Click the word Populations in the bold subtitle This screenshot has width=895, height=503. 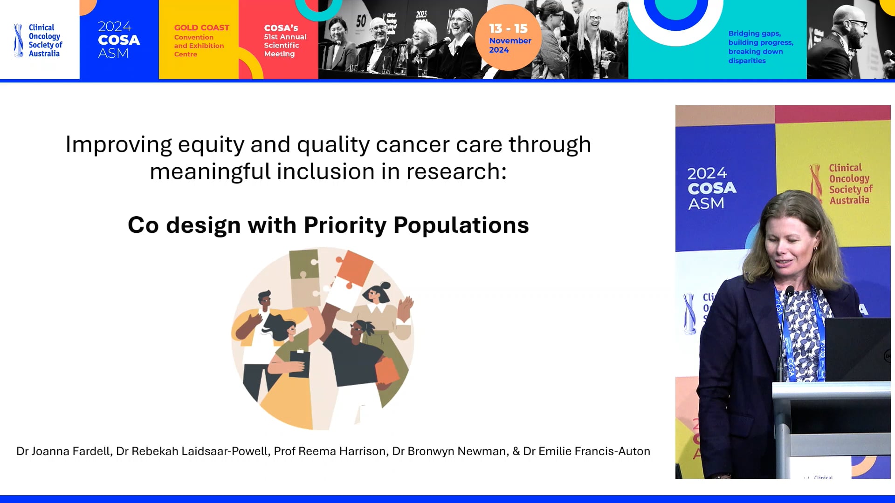(x=461, y=225)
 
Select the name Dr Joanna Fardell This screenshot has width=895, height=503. (x=63, y=451)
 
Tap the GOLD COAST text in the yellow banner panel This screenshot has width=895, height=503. (x=201, y=28)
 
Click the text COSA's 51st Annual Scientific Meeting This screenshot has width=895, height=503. (x=284, y=41)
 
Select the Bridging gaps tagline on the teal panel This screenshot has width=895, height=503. (x=760, y=47)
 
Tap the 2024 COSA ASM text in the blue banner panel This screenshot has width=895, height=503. (x=118, y=40)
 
